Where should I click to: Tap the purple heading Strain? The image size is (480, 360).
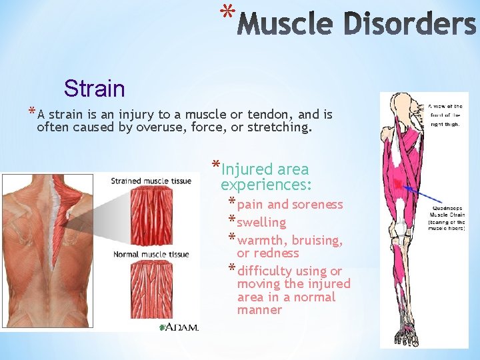[x=94, y=88]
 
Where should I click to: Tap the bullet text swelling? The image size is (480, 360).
[x=261, y=222]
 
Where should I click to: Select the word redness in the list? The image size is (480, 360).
[x=277, y=253]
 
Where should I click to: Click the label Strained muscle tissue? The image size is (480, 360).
[x=151, y=181]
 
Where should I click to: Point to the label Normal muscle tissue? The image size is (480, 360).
[x=151, y=254]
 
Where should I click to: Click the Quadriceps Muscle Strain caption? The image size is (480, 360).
[x=446, y=217]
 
